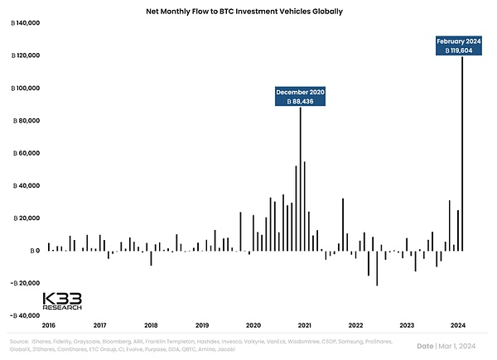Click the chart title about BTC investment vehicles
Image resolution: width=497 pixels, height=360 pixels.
tap(248, 12)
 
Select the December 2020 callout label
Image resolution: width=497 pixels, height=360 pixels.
tap(300, 96)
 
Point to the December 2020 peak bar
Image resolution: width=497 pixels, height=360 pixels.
tap(300, 178)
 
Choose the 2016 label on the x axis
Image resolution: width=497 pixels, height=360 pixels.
tap(49, 326)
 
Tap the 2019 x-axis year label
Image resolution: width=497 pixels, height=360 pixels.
tap(202, 326)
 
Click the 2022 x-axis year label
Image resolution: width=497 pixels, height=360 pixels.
tap(356, 326)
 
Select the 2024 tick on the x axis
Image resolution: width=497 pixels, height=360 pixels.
tap(458, 326)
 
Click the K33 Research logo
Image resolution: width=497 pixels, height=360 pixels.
tap(62, 300)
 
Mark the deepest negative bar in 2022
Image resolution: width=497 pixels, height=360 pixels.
tap(377, 267)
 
